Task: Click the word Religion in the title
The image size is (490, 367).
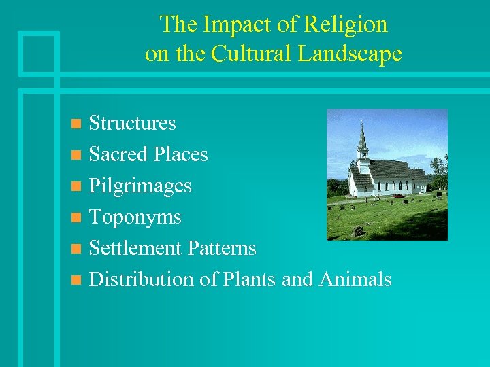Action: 346,25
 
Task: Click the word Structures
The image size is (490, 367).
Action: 133,123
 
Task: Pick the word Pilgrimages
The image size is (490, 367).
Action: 140,186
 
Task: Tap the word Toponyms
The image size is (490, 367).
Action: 135,217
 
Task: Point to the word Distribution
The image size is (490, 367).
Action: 142,279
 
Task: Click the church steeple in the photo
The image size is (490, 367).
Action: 362,139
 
